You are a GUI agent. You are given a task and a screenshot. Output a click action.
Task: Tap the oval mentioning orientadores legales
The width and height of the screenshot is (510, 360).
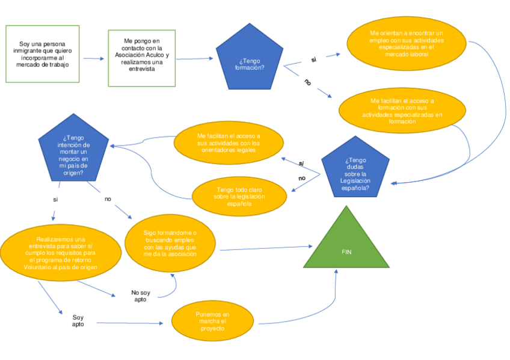[229, 143]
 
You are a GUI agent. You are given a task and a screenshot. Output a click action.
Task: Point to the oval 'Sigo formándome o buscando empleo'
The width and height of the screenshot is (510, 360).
[170, 242]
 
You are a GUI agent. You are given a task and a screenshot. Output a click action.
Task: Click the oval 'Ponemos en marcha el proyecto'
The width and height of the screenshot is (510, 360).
[212, 322]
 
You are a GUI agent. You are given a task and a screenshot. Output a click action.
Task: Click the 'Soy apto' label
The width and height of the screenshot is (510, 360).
[78, 320]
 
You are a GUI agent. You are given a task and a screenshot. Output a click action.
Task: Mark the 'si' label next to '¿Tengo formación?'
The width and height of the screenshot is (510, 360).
[313, 59]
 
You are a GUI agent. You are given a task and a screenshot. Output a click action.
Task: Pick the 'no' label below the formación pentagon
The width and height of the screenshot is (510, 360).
[307, 82]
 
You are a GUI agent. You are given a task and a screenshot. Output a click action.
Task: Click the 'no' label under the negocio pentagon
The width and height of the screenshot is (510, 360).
[108, 198]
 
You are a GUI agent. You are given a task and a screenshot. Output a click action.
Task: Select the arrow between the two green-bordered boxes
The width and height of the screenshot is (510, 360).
[93, 58]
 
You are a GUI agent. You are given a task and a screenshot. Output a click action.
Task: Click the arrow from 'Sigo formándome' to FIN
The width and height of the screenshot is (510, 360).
[265, 248]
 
